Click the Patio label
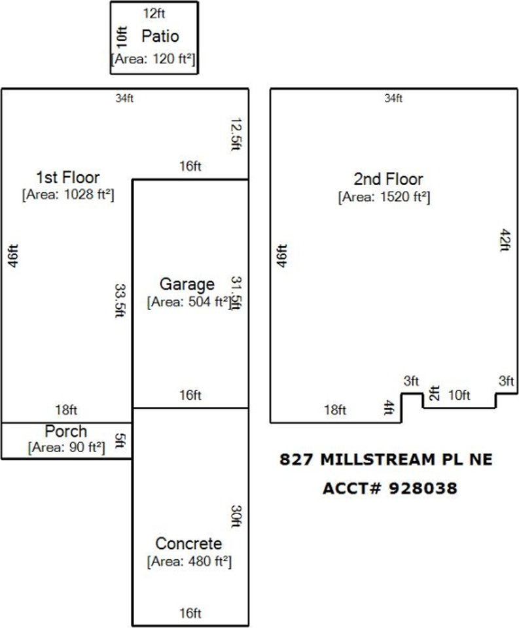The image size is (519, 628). coord(160,36)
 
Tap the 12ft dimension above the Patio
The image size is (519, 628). coord(154,12)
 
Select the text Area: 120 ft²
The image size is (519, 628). coord(154,59)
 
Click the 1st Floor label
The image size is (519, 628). coord(68,177)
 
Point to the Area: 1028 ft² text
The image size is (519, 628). coord(68,194)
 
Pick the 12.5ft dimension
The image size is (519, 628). coord(236,134)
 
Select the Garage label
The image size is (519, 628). coord(187,284)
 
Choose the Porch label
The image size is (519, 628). coord(66,432)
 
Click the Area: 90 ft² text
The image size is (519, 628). coord(66,448)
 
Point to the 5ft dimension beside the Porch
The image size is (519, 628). coord(120,440)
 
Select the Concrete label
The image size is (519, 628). coord(188,544)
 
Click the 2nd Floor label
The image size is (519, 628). coord(388,179)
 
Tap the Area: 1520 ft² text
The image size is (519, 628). coord(384,196)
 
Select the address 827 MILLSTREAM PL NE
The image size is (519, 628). coord(386,460)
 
